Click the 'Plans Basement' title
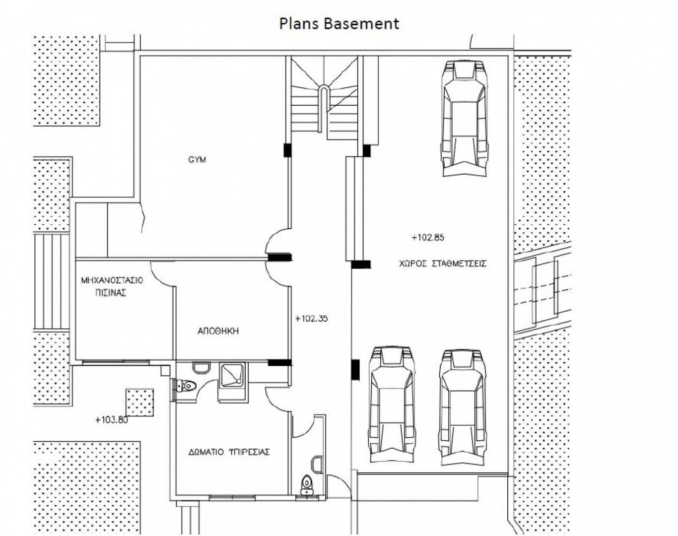(x=339, y=24)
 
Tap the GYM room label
(x=197, y=160)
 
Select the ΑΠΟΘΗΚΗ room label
(x=218, y=331)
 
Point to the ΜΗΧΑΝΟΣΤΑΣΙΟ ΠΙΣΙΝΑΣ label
(x=112, y=286)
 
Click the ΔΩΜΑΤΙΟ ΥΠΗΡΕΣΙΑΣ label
(x=229, y=452)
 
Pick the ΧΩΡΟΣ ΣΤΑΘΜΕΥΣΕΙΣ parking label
(x=443, y=264)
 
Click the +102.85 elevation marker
(x=428, y=237)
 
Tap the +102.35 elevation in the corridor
(x=311, y=319)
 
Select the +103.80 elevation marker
(x=112, y=420)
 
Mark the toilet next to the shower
(x=187, y=385)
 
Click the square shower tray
(x=232, y=374)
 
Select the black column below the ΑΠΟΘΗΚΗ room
(x=279, y=363)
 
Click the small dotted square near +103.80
(x=140, y=402)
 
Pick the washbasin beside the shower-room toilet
(x=202, y=367)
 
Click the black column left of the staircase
(x=288, y=150)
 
